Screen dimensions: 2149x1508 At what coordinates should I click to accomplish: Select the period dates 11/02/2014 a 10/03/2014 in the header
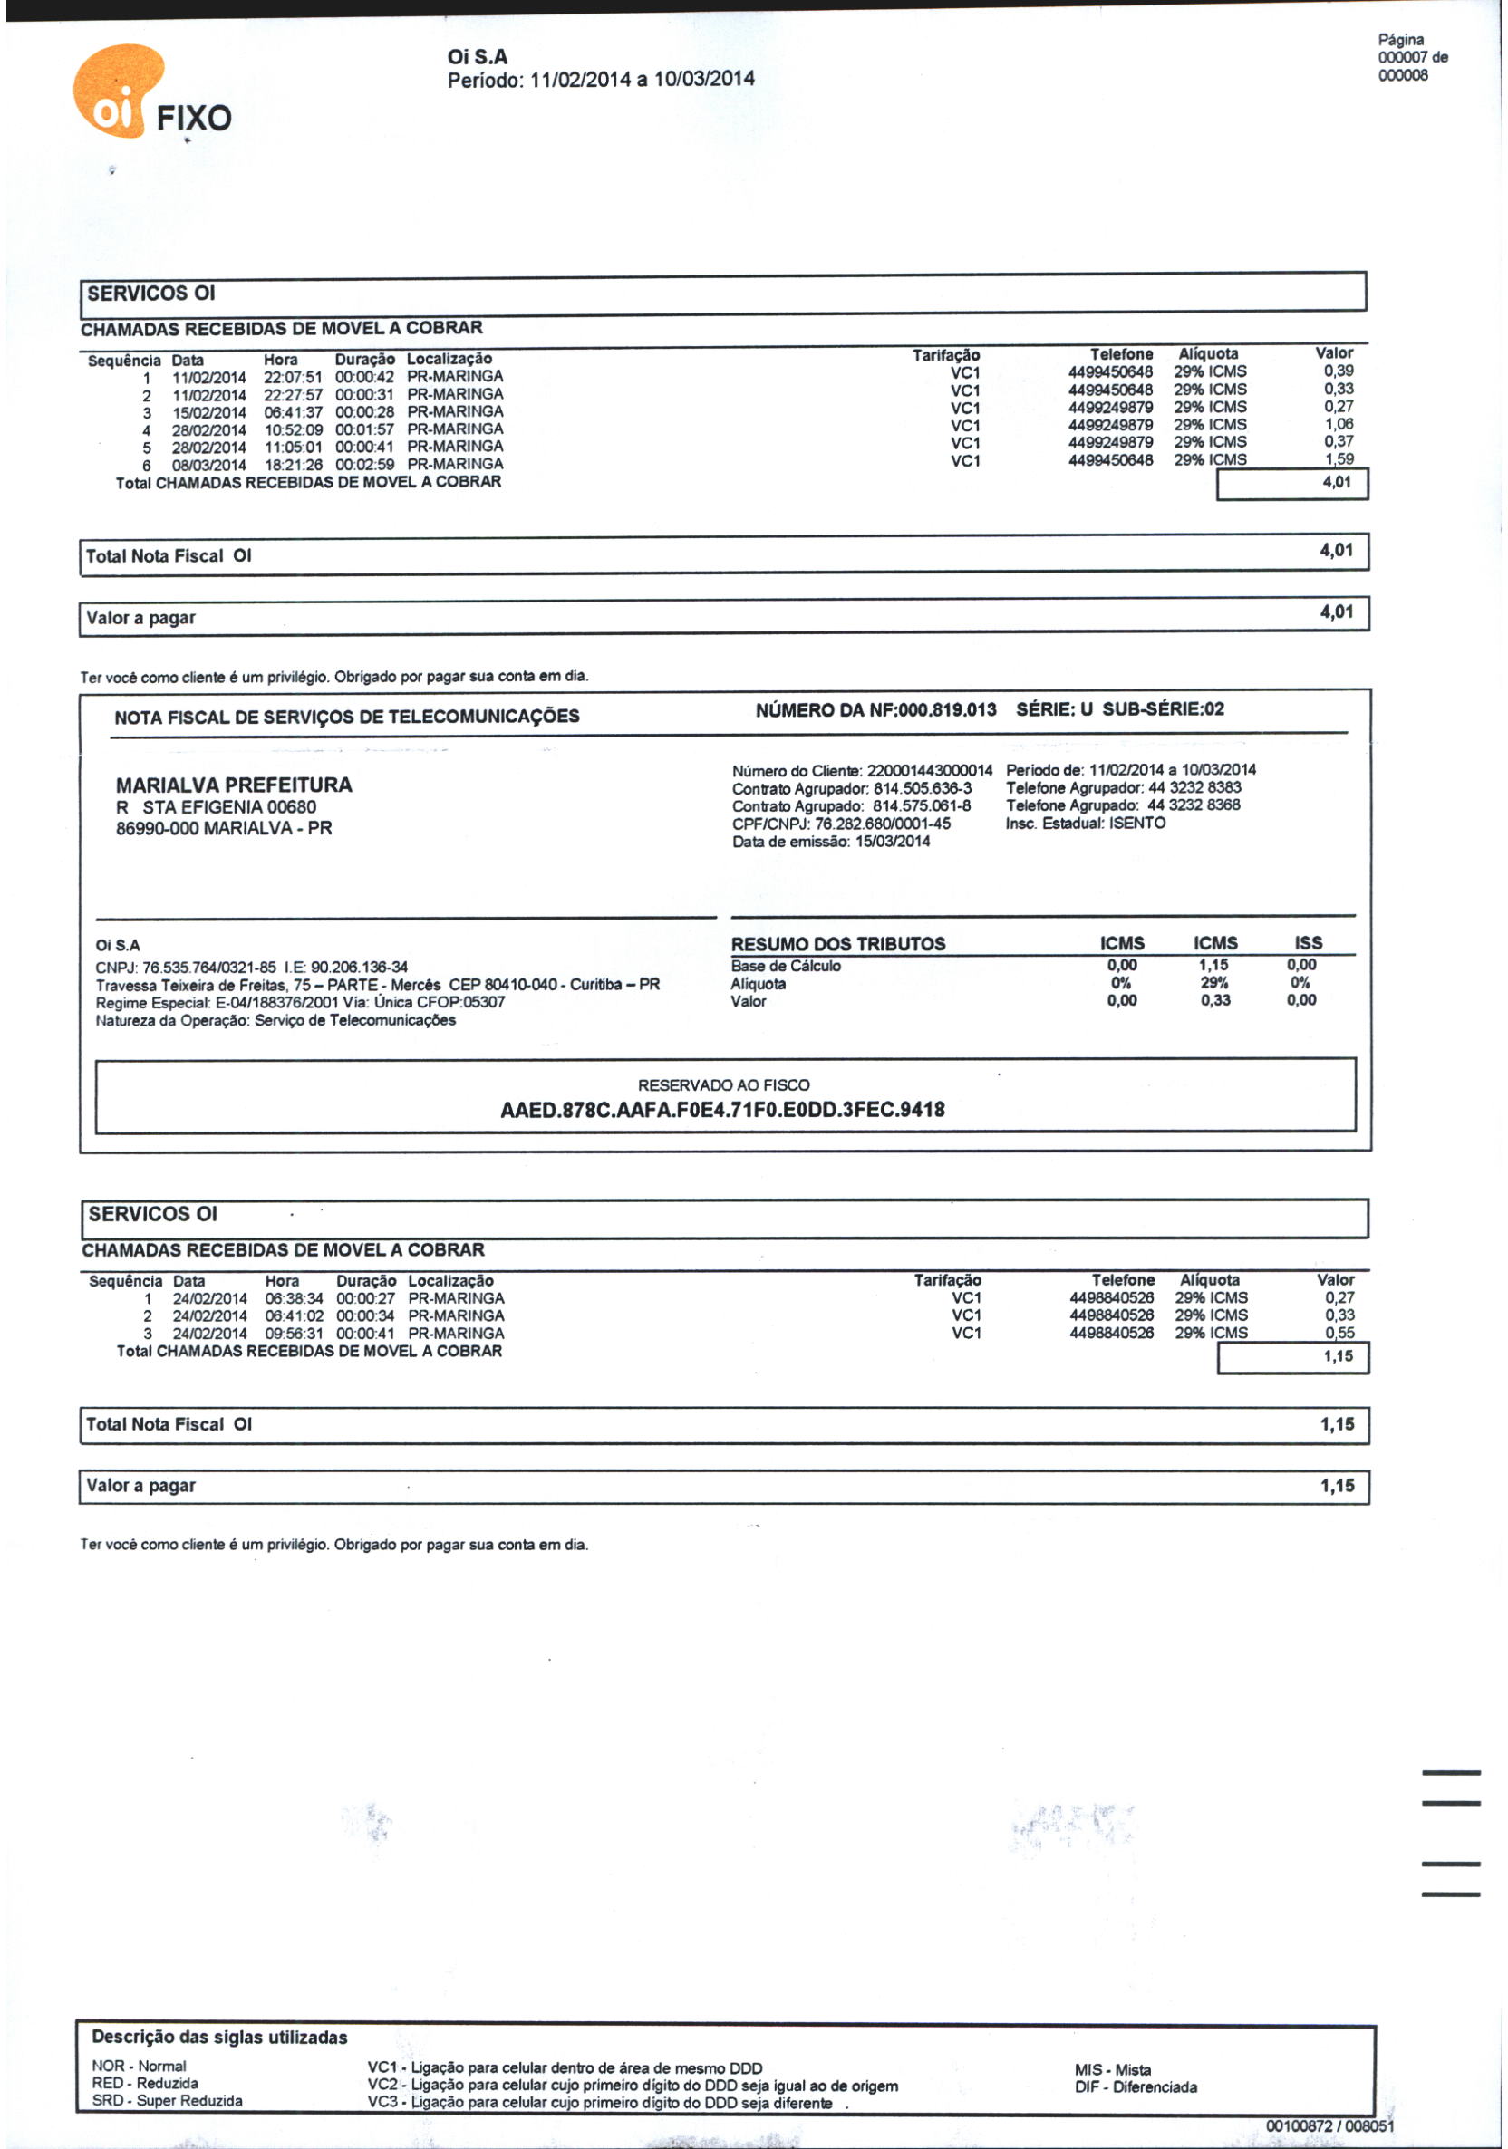pos(643,80)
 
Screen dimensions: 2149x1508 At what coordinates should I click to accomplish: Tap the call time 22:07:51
pos(292,377)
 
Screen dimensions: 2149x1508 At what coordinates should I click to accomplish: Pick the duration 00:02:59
pos(364,465)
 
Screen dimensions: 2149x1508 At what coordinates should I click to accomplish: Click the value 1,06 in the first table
pos(1338,424)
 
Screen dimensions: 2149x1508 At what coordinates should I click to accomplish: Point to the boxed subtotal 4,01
pos(1337,482)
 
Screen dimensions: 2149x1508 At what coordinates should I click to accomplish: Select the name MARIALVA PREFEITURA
pos(234,785)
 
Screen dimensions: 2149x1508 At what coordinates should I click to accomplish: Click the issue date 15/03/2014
pos(892,842)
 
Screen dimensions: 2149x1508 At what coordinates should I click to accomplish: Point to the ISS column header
pos(1308,943)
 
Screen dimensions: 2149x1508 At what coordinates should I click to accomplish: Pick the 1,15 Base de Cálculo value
pos(1214,965)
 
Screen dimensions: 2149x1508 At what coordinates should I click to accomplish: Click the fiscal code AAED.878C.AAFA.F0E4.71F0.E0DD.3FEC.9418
pos(721,1110)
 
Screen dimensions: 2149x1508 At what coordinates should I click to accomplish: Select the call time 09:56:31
pos(294,1334)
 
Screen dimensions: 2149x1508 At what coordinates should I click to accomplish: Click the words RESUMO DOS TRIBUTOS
pos(837,944)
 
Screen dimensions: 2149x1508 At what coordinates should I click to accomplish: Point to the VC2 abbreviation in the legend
pos(382,2086)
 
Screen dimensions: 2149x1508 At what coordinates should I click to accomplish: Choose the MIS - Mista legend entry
pos(1112,2069)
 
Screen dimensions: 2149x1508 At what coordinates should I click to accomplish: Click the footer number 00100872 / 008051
pos(1329,2126)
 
